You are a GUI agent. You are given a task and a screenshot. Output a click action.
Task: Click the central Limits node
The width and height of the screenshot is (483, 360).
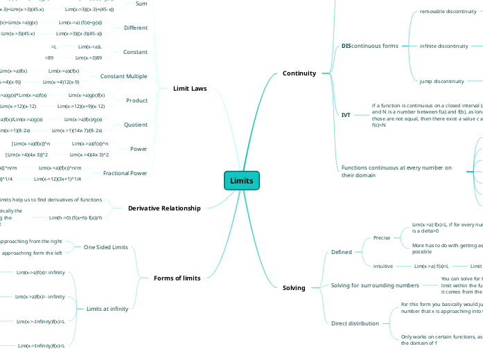coord(241,181)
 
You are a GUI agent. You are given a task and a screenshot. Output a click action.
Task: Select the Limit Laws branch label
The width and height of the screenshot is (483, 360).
coord(189,89)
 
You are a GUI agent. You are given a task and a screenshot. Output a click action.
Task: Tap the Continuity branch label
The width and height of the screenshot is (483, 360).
coord(299,73)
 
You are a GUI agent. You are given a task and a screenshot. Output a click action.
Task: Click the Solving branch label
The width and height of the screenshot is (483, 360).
coord(294,287)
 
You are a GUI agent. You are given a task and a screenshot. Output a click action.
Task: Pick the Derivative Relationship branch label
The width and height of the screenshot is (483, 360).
coord(164,208)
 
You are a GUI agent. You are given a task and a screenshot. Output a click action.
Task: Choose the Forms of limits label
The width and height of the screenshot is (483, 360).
coord(177,278)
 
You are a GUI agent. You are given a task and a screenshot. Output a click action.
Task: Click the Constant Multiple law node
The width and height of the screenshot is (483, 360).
coord(123,76)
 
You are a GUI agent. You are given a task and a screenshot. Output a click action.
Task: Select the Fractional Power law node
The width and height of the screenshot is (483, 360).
coord(125,173)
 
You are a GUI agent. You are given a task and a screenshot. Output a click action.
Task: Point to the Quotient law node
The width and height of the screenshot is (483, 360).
coord(136,125)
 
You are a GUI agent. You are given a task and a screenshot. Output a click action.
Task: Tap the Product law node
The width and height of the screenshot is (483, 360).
coord(137,100)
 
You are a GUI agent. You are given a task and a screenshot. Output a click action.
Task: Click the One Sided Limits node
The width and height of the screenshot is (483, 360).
coord(105,247)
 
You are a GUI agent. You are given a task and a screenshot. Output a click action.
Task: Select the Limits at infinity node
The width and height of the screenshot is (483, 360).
coord(107,309)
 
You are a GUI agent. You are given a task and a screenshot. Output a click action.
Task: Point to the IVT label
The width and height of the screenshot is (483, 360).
coord(346,115)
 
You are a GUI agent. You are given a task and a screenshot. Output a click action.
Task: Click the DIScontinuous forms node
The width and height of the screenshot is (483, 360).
coord(369,46)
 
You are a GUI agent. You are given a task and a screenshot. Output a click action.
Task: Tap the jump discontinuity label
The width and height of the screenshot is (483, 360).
coord(441,81)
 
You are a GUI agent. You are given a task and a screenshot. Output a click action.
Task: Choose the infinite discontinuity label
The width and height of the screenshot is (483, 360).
coord(444,46)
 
